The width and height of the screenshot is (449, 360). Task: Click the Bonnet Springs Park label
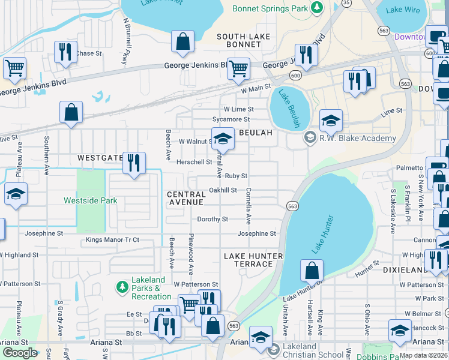pos(271,8)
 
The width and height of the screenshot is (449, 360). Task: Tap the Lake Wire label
pos(403,10)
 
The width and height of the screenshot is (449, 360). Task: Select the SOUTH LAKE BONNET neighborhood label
pos(244,41)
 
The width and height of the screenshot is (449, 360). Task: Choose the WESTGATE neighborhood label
pos(100,158)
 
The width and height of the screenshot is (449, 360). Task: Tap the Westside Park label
pos(91,200)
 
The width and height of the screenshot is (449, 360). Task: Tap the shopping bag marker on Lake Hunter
pos(312,271)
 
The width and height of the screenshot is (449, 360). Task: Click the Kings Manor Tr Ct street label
pos(112,240)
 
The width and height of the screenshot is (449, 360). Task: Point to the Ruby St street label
pos(237,176)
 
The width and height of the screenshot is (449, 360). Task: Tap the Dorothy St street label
pos(212,220)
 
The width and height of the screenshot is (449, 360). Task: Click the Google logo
pos(20,353)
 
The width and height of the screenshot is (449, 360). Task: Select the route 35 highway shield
pos(346,3)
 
